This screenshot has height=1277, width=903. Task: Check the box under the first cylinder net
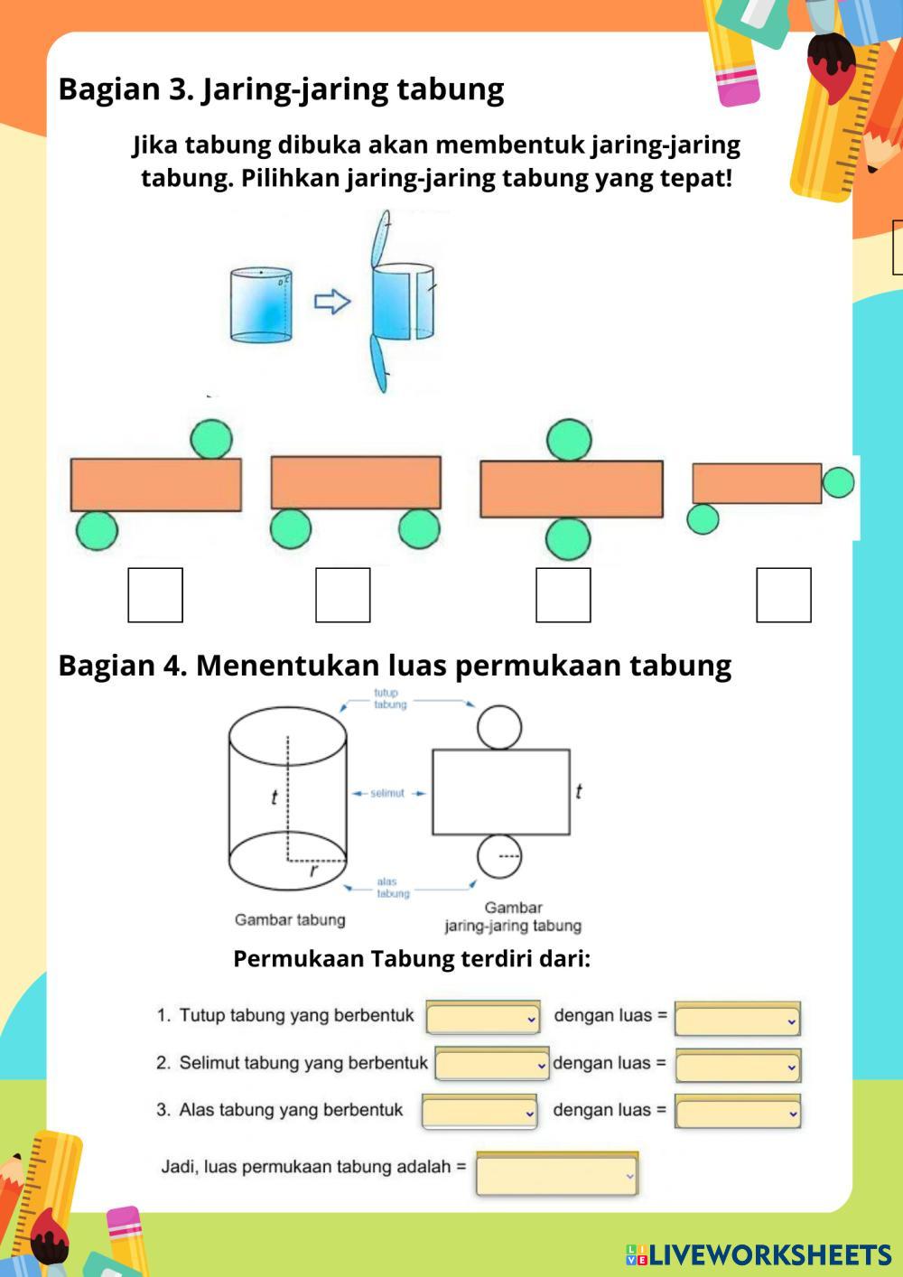[155, 595]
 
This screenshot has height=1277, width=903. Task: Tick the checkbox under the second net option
[343, 595]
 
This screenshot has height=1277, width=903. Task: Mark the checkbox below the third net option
[563, 595]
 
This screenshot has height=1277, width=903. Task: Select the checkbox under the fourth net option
[784, 595]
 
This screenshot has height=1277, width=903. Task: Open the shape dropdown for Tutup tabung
[483, 1018]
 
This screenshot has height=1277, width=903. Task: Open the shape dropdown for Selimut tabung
[492, 1065]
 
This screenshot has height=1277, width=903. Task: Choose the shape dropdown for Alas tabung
[479, 1112]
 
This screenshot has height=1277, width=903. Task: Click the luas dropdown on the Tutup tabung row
[738, 1020]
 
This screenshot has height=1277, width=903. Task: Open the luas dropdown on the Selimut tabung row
[738, 1066]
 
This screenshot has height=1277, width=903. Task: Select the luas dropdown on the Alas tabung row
[738, 1113]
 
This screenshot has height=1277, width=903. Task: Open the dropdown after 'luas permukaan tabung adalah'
[557, 1175]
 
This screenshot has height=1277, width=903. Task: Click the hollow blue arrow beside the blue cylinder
[331, 301]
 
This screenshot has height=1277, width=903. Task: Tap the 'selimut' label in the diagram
[387, 793]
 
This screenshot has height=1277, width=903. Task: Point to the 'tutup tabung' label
[390, 699]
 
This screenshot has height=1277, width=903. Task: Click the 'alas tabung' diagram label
[393, 888]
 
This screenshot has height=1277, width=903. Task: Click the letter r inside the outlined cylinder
[313, 872]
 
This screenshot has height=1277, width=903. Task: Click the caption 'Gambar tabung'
[290, 920]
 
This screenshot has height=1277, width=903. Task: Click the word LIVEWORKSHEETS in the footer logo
[770, 1254]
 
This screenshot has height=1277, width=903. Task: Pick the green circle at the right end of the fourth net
[839, 482]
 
